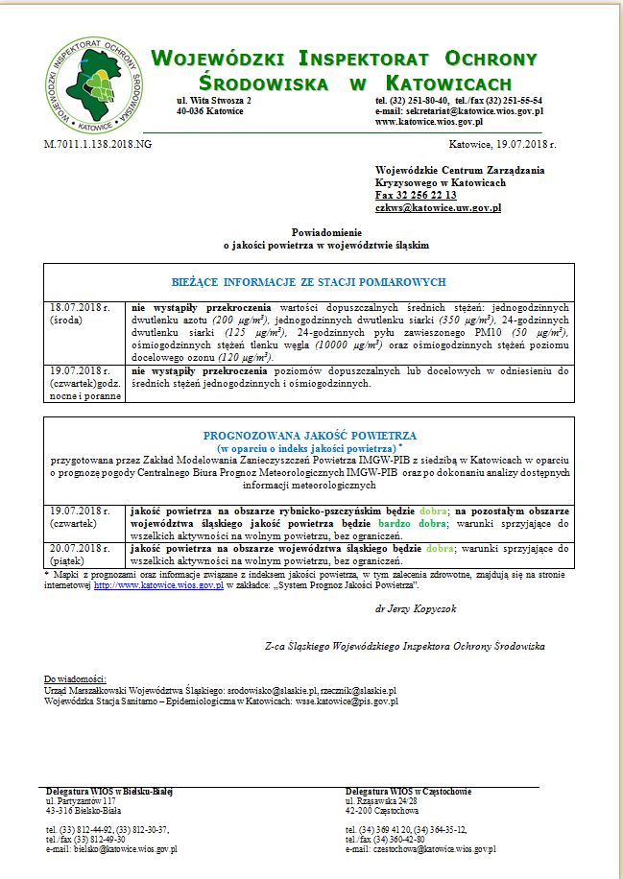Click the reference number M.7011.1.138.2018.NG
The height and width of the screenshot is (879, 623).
tap(97, 143)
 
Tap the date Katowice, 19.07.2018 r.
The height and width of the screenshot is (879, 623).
tap(501, 143)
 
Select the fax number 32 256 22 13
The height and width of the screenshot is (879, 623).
tap(416, 195)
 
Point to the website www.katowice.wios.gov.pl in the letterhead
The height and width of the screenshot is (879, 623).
tap(428, 122)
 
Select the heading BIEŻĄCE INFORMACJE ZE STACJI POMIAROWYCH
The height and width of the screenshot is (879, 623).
tap(309, 282)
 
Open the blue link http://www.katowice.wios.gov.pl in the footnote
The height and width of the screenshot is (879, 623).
tap(158, 583)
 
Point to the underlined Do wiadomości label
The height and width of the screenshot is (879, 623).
tap(76, 678)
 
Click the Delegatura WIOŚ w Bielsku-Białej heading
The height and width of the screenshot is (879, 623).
tap(108, 791)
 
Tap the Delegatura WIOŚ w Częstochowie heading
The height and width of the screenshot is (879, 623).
tap(409, 791)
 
